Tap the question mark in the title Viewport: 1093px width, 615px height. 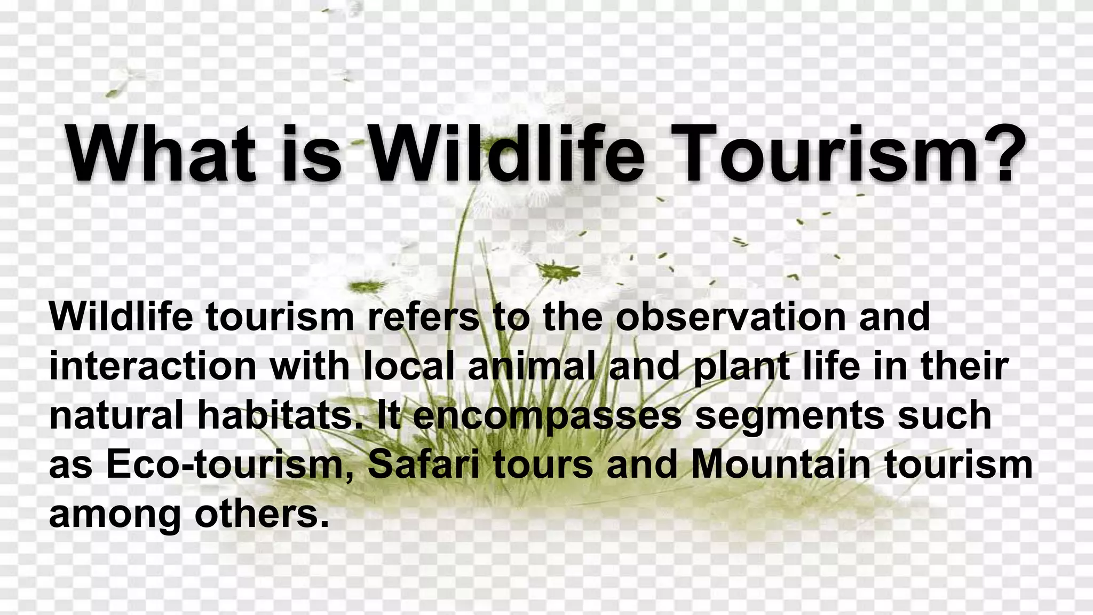point(1003,153)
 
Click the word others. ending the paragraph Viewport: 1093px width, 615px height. point(261,514)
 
